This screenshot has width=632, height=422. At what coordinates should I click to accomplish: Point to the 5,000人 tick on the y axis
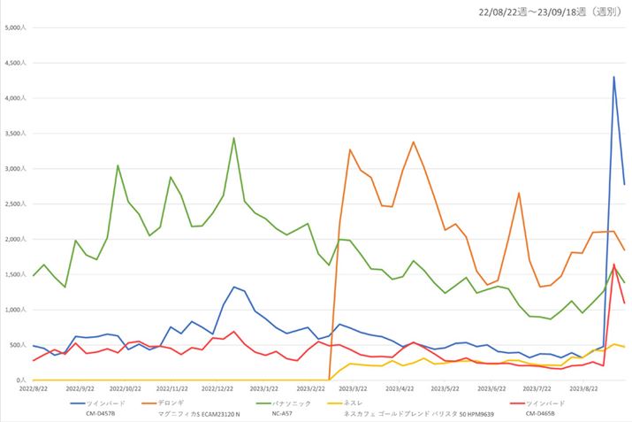tap(18, 28)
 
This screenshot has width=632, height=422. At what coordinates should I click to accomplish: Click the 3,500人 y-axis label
tap(18, 134)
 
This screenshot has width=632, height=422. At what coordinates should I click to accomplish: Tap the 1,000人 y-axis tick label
tap(18, 310)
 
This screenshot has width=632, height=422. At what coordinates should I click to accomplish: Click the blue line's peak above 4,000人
tap(614, 77)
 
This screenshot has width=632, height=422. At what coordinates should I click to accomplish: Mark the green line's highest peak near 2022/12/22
tap(233, 138)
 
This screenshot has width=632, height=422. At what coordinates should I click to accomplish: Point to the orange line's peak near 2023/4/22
tap(414, 142)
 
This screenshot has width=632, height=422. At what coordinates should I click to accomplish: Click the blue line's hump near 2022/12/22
tap(234, 287)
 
